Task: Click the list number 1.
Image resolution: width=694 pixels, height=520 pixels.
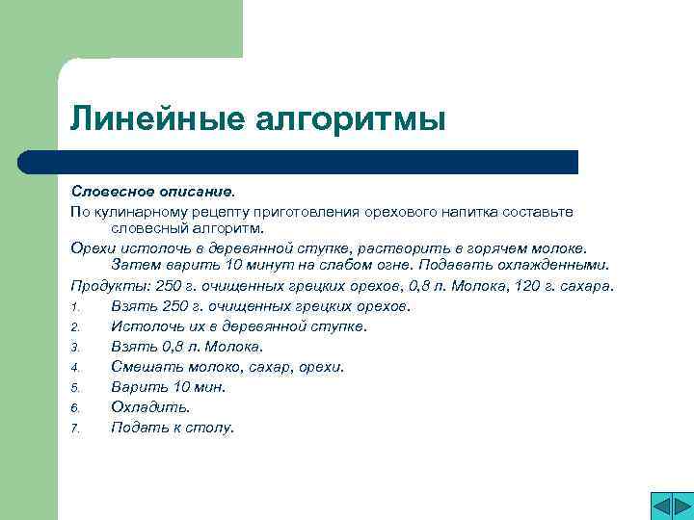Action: (x=74, y=307)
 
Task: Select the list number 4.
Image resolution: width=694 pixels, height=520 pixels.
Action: (x=74, y=368)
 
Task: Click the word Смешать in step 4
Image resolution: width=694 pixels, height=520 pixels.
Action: (x=143, y=367)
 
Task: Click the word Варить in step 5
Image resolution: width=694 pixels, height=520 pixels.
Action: (x=138, y=387)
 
